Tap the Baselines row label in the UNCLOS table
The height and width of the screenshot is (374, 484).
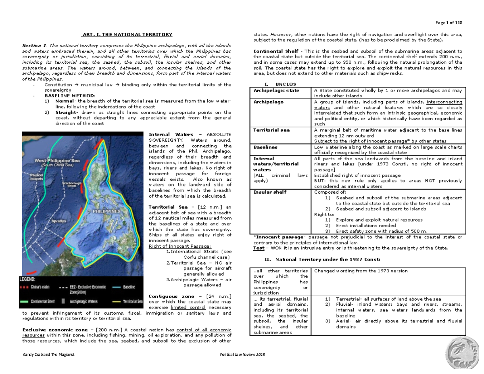pos(264,148)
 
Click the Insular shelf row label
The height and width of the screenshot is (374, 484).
pos(269,192)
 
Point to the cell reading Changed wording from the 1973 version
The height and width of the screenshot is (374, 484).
pos(361,271)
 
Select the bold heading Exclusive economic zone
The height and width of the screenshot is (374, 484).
pos(50,330)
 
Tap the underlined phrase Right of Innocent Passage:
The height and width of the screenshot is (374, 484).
pos(180,246)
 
